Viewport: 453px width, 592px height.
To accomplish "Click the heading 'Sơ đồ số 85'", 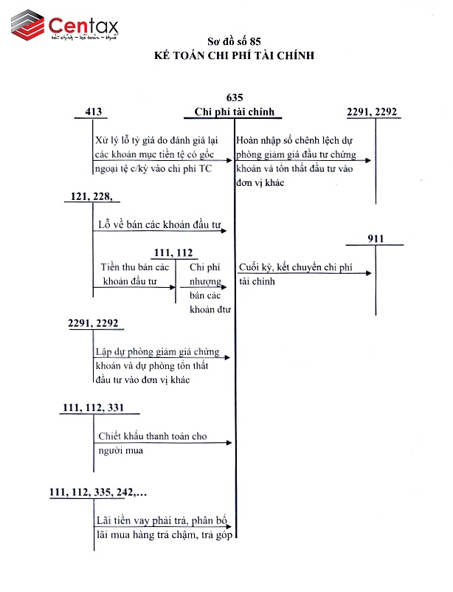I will [235, 42].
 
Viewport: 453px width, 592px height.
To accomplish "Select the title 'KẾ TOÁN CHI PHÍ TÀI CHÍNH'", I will [235, 55].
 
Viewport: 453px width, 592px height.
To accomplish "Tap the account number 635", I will [235, 97].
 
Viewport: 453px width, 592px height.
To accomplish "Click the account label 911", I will [376, 238].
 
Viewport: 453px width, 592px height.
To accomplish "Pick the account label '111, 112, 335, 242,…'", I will [98, 492].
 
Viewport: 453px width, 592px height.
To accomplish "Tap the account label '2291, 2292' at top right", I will [372, 111].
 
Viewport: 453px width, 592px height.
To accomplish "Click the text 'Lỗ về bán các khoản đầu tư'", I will [159, 224].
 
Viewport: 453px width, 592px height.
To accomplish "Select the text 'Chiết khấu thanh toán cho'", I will [152, 436].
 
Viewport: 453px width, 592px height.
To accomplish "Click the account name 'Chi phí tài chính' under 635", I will [234, 111].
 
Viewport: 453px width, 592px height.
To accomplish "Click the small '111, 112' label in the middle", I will [173, 252].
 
